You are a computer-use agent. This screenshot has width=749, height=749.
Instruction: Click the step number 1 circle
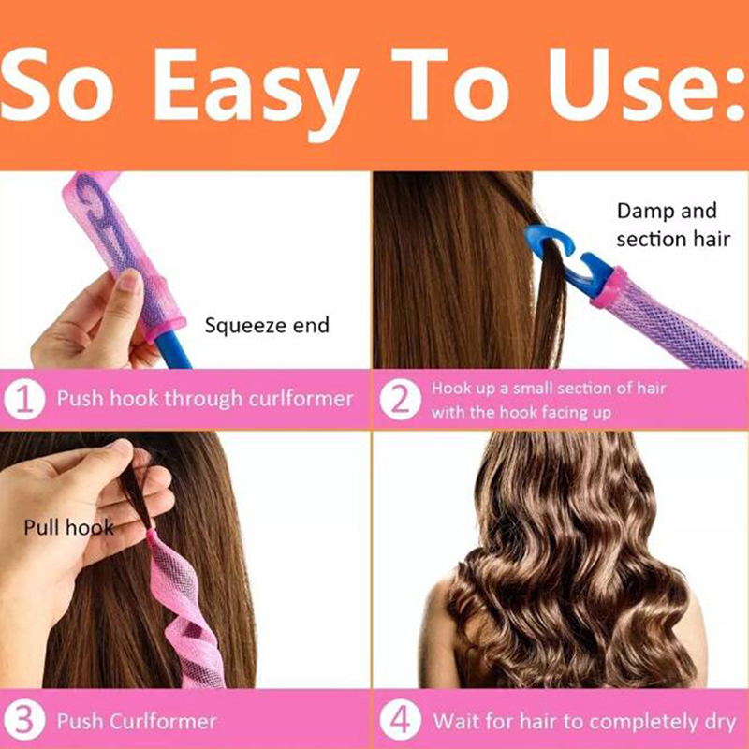tap(24, 400)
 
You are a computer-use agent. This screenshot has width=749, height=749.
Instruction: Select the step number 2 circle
tap(401, 400)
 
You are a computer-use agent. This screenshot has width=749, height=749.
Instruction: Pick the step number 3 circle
tap(24, 720)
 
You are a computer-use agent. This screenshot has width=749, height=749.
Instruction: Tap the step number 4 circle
tap(401, 720)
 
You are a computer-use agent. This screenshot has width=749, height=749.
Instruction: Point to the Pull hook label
tap(68, 528)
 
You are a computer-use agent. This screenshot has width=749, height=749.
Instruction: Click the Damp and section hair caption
tap(673, 225)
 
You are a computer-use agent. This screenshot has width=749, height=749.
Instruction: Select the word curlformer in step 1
tap(301, 399)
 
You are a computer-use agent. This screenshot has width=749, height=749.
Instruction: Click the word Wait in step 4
tap(456, 721)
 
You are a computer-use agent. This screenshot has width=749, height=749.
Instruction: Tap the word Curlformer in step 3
tap(163, 721)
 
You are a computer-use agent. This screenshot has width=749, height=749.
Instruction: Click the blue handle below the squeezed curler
tap(175, 349)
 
